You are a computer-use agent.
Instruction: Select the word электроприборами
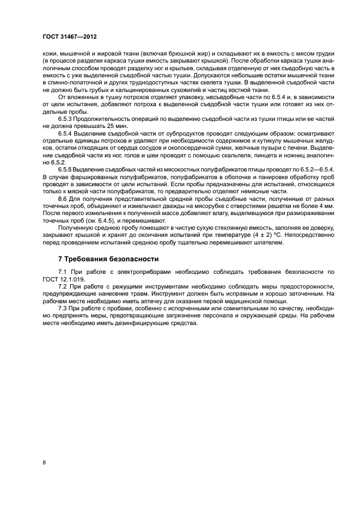pyautogui.click(x=125, y=271)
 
